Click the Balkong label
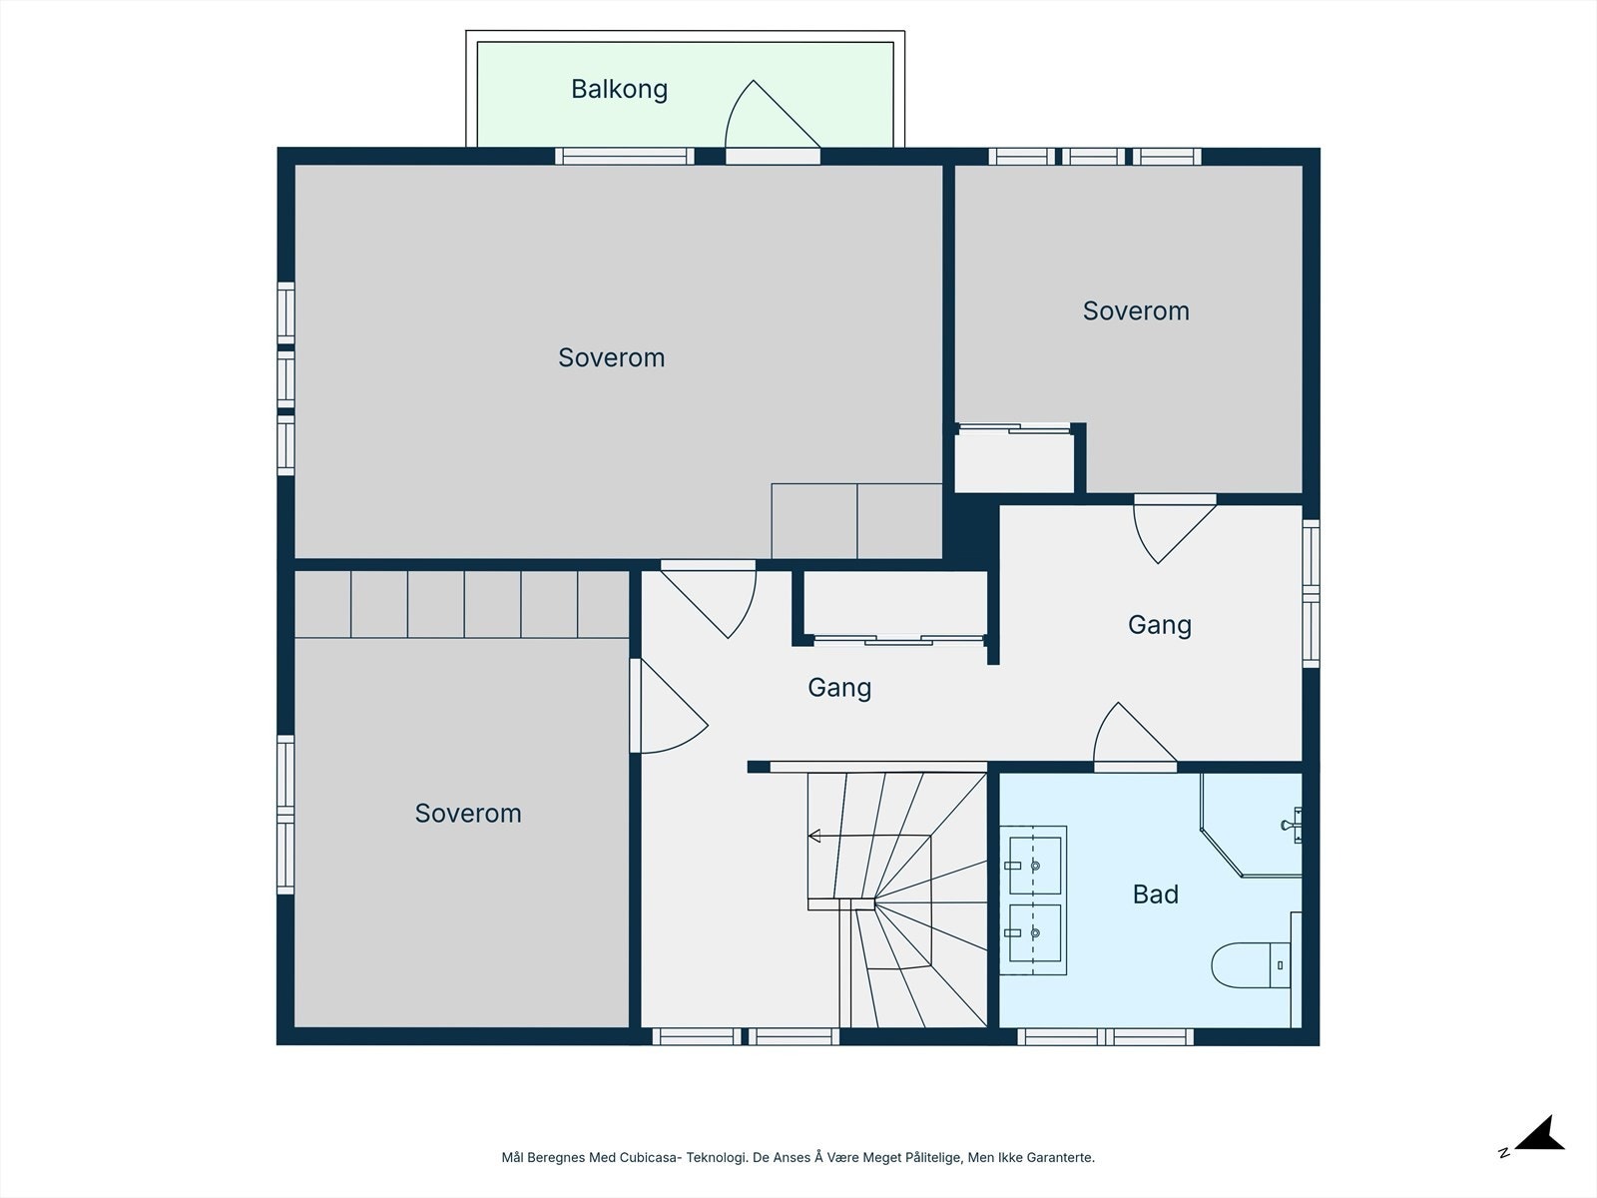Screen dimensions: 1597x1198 [x=619, y=90]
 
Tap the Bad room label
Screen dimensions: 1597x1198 [x=1156, y=894]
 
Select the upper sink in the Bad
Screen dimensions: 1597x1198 [x=1035, y=866]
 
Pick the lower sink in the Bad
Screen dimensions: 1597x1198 [x=1035, y=933]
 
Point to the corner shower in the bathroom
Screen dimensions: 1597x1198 [x=1251, y=825]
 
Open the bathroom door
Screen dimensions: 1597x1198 [x=1135, y=732]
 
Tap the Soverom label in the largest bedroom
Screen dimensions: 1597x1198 [x=611, y=357]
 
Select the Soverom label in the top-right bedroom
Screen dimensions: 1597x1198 [x=1136, y=311]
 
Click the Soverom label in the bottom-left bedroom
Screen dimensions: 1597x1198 [x=468, y=814]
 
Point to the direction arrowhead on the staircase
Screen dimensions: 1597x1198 [x=814, y=836]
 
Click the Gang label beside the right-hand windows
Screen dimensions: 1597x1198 [x=1160, y=625]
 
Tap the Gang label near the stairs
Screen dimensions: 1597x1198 [x=839, y=688]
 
